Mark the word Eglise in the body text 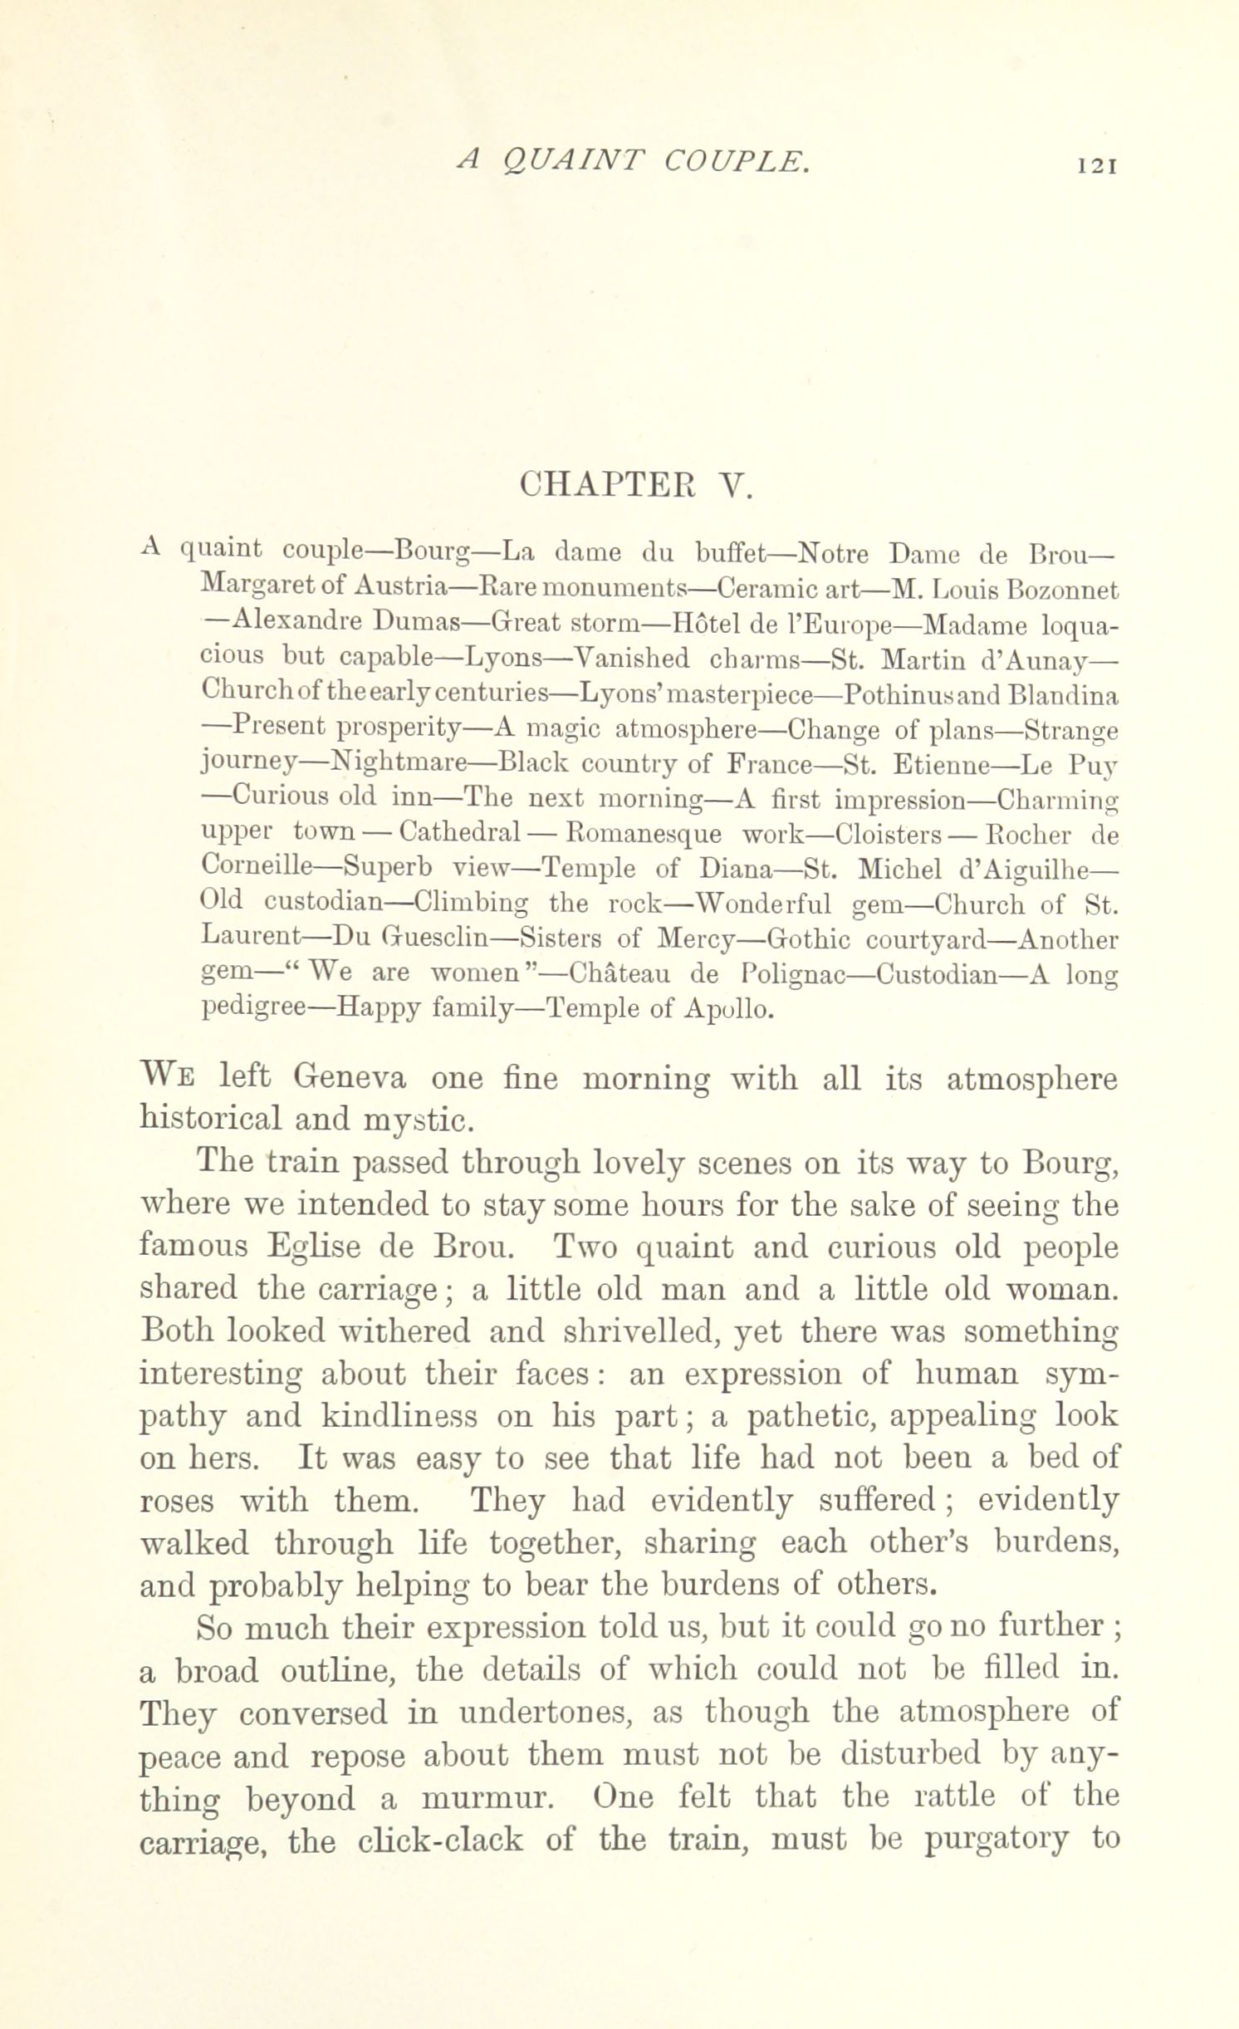click(x=318, y=1247)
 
